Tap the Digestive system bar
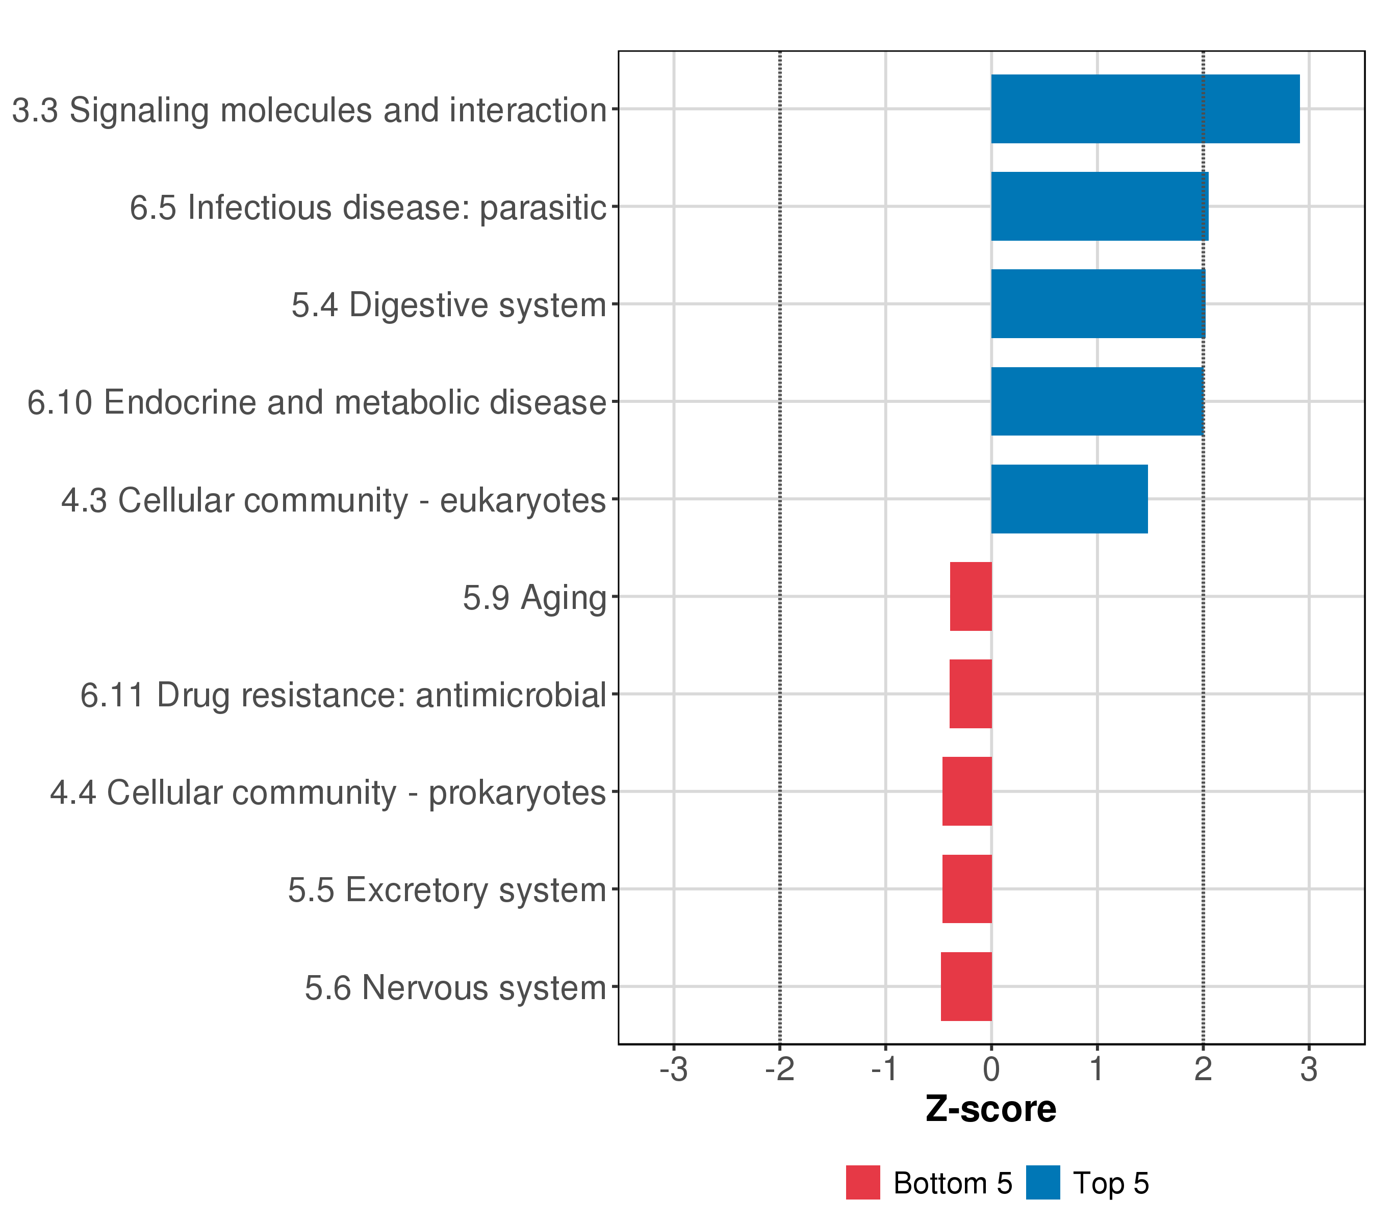[1098, 304]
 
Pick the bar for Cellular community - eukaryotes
[1069, 499]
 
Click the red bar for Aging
[970, 596]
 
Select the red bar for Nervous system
[966, 986]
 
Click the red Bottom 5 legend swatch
[862, 1182]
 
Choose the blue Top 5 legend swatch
[1043, 1182]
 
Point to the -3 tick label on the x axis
[673, 1069]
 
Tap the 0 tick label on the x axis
[991, 1069]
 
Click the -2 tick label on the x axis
[779, 1069]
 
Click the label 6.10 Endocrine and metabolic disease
[317, 402]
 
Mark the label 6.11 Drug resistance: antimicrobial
[344, 695]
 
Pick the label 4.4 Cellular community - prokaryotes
[328, 792]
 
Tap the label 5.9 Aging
[534, 598]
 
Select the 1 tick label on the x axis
[1096, 1069]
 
